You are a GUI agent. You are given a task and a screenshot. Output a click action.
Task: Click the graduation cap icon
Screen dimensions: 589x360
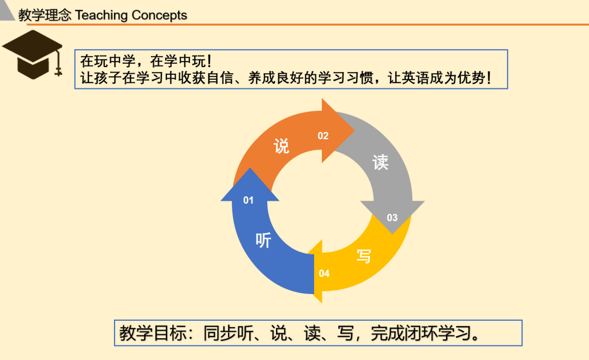click(x=32, y=55)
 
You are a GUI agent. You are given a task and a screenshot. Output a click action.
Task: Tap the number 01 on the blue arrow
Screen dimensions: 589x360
click(x=248, y=200)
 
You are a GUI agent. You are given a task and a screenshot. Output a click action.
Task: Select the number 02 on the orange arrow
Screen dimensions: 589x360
click(x=323, y=136)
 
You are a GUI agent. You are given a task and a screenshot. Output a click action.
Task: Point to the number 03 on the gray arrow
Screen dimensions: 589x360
click(x=392, y=218)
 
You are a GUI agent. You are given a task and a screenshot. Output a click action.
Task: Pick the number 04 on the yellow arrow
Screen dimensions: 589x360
click(x=324, y=273)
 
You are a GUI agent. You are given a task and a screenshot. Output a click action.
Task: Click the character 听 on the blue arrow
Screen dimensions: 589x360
click(x=263, y=240)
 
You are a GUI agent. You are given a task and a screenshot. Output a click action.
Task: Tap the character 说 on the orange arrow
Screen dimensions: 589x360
click(x=281, y=146)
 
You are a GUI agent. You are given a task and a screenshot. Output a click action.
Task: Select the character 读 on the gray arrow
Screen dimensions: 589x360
click(x=381, y=163)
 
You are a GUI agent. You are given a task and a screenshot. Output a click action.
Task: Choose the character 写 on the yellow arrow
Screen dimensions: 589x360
click(x=364, y=256)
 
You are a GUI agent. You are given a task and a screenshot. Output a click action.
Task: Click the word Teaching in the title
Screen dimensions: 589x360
click(x=101, y=15)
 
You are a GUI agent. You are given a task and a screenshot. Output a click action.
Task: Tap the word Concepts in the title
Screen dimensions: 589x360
click(x=159, y=15)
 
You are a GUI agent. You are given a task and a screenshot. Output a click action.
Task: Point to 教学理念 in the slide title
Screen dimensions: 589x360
click(x=45, y=15)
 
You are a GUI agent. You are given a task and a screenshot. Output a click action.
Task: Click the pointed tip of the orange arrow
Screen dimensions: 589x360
click(x=354, y=130)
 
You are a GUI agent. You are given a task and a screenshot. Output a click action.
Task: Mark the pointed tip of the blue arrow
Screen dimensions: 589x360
click(x=250, y=168)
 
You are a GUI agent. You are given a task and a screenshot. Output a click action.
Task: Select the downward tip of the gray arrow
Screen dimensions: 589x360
click(x=393, y=234)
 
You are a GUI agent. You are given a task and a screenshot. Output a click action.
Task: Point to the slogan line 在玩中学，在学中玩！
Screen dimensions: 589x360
click(x=147, y=61)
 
